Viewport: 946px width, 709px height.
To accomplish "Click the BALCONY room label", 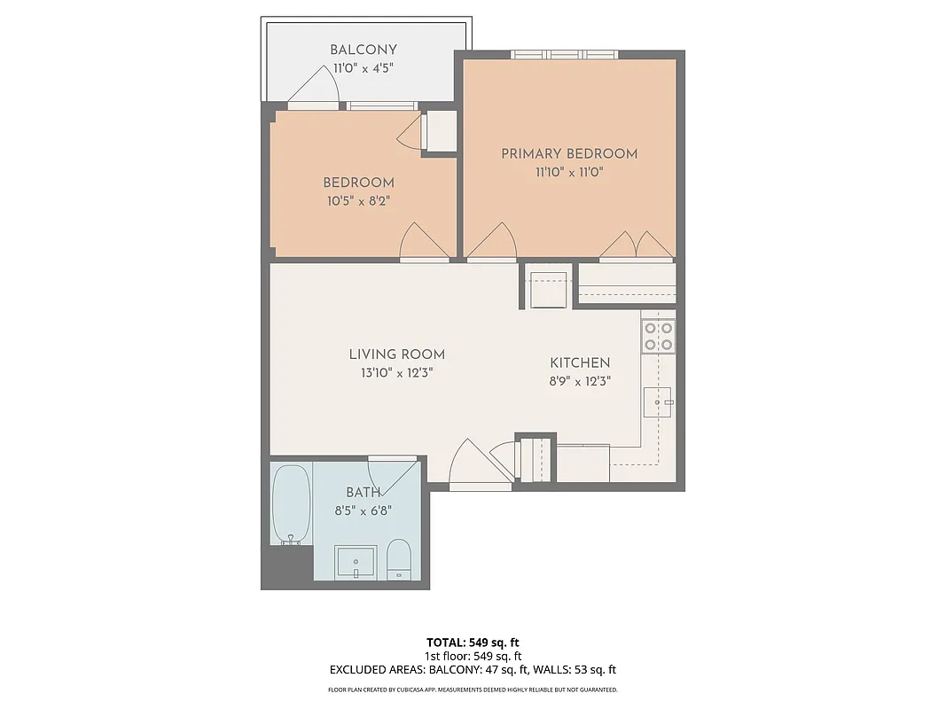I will coord(364,51).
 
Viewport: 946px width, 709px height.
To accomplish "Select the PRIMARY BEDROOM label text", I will coord(569,153).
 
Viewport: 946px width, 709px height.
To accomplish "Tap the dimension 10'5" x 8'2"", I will coord(358,201).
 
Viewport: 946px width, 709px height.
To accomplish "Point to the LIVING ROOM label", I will coord(396,354).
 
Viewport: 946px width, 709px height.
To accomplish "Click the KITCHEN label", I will coord(580,362).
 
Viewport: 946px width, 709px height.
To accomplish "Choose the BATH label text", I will coord(364,492).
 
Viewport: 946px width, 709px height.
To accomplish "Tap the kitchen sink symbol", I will coord(657,402).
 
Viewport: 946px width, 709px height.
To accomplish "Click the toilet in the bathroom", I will coord(400,558).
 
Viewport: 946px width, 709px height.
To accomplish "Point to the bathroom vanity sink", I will coord(356,562).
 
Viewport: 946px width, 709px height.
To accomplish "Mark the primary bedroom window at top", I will coord(564,55).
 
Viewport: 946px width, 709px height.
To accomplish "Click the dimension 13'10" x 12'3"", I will coord(396,373).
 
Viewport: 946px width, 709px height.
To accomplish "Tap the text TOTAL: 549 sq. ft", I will coord(473,642).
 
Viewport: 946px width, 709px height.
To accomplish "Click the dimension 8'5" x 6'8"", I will coord(364,510).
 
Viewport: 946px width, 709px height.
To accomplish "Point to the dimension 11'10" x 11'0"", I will coord(569,173).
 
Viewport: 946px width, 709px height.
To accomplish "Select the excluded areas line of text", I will coord(473,670).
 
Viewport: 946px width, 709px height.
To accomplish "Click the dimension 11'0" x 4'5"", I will coord(364,69).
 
